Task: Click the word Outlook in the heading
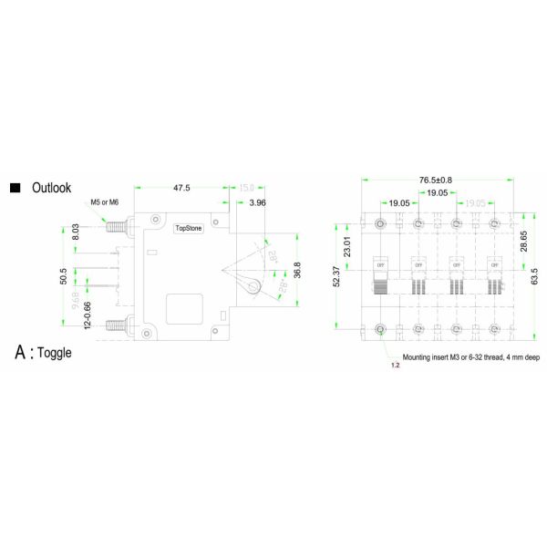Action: click(51, 188)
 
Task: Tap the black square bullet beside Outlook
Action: click(15, 188)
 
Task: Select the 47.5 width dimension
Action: click(181, 189)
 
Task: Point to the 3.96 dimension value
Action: click(257, 202)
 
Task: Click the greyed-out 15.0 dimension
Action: click(247, 189)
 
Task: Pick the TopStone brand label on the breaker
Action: click(189, 228)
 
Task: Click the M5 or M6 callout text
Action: click(104, 201)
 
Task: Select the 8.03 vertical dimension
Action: click(77, 232)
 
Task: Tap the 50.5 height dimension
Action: click(62, 275)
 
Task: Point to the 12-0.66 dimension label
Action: click(88, 314)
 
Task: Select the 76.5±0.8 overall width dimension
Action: click(436, 180)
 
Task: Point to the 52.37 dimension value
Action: click(335, 276)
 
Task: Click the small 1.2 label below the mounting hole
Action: click(395, 365)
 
